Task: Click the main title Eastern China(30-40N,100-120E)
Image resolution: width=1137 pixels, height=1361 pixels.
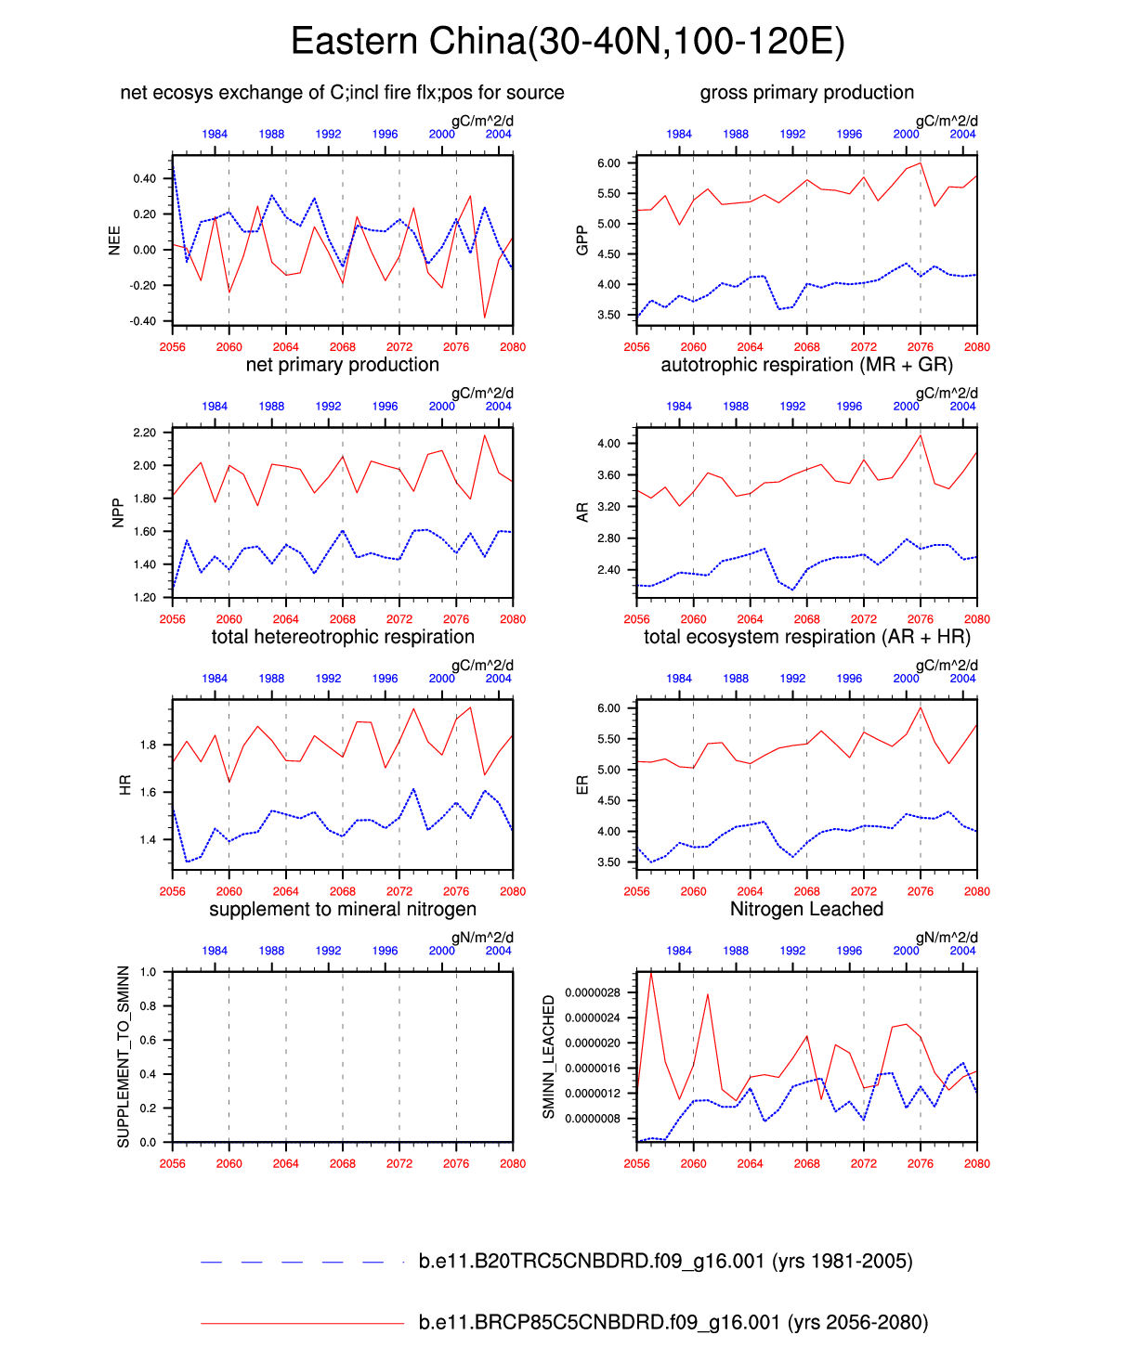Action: [568, 43]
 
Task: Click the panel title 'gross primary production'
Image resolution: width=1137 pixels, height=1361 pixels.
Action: [806, 93]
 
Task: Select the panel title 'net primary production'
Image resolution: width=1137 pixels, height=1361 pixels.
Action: [342, 365]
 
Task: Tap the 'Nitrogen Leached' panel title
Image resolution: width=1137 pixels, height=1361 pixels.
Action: [806, 909]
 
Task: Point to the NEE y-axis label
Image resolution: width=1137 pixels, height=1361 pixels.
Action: [115, 240]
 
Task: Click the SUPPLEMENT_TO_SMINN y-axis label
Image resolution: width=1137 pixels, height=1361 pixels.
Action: [124, 1056]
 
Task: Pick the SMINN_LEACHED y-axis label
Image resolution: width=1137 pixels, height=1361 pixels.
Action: [549, 1056]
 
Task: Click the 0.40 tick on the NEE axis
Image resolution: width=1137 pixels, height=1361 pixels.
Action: [144, 178]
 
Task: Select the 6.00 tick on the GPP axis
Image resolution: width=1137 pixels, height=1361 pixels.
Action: [608, 163]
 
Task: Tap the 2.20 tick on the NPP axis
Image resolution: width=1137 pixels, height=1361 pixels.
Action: [144, 433]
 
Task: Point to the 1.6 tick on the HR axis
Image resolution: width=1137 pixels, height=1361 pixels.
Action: [148, 793]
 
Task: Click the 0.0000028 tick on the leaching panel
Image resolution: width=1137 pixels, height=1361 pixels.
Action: [593, 992]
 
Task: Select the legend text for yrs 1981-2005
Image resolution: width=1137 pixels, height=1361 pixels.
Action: [665, 1262]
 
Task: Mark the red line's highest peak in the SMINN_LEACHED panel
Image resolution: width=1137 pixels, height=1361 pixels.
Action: [650, 971]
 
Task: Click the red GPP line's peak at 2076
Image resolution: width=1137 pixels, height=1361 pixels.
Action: [921, 163]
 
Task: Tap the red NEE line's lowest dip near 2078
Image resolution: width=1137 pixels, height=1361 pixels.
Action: [484, 318]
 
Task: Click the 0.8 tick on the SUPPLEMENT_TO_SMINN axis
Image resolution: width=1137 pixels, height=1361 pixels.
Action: [149, 1006]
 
